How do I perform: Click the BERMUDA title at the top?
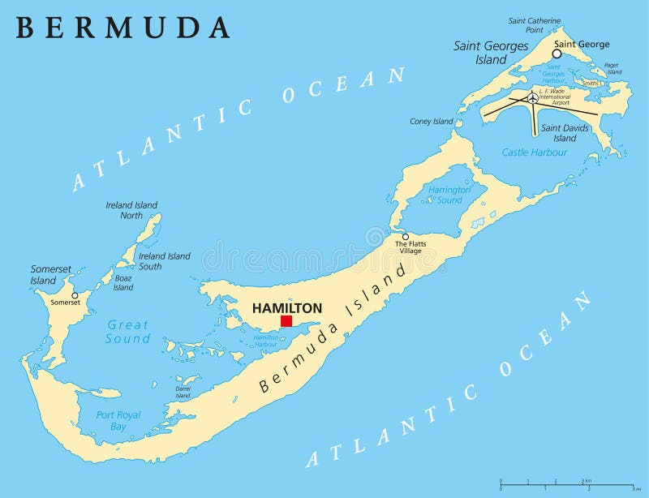click(123, 27)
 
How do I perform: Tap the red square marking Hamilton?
click(286, 321)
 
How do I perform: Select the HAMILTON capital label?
click(287, 307)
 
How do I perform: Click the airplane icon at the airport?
click(532, 98)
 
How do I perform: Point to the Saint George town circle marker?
click(557, 54)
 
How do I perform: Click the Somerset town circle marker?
click(75, 295)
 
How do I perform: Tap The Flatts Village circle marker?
click(406, 237)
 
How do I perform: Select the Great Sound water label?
click(128, 332)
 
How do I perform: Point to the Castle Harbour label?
click(533, 152)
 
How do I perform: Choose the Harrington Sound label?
click(449, 195)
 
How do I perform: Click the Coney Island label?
click(431, 122)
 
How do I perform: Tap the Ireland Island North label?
click(131, 210)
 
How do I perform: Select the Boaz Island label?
click(123, 283)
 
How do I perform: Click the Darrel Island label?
click(183, 392)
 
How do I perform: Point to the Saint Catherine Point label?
click(535, 25)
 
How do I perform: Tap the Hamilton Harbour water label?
click(266, 341)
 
